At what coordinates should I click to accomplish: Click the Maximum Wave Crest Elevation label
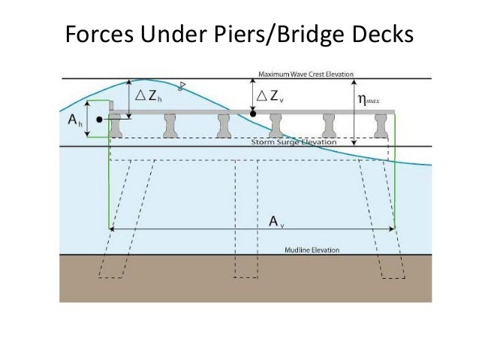308,74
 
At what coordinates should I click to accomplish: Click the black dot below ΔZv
253,114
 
